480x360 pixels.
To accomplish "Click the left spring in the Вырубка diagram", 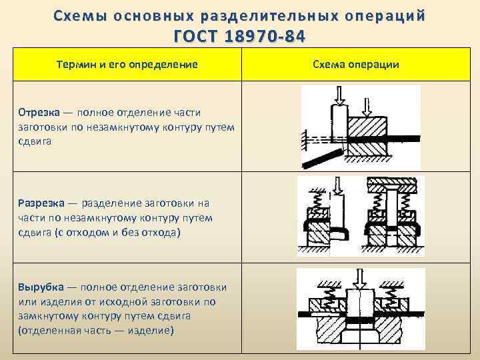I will pyautogui.click(x=328, y=297).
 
